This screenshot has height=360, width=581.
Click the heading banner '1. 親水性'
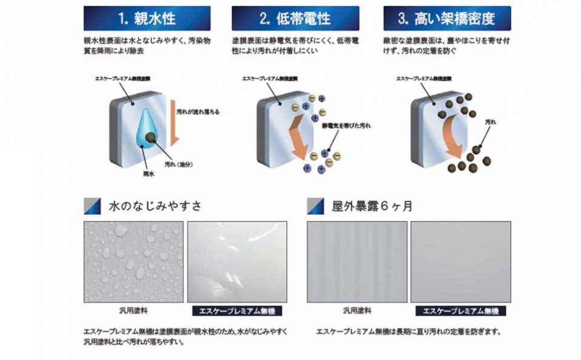pos(146,18)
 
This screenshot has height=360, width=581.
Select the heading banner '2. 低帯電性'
pos(295,18)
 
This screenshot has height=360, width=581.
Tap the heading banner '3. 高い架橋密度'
pos(447,18)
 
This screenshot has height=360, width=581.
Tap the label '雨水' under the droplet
pos(147,172)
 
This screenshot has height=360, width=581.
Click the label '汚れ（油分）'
pos(178,163)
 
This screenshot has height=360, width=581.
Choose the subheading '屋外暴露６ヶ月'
pos(372,206)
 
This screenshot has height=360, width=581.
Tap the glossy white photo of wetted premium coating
pos(237,261)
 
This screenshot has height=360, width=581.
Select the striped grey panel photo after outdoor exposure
pos(356,261)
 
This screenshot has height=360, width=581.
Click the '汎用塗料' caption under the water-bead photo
pos(134,310)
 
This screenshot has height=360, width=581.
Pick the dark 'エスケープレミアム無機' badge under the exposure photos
pos(461,310)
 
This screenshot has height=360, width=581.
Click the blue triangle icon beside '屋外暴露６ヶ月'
pos(316,206)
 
